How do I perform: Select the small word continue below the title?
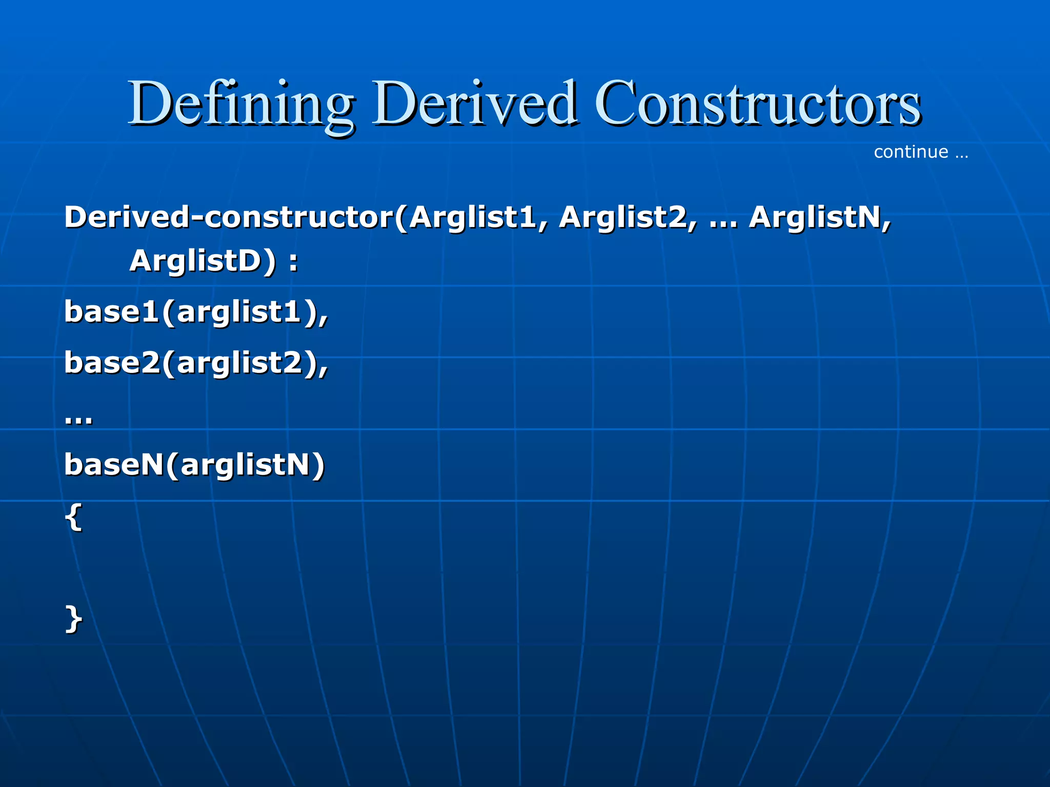point(911,152)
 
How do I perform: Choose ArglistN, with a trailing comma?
point(820,217)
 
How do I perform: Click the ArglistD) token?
point(203,261)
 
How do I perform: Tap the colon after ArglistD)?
point(293,262)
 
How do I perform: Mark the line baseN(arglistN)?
point(194,465)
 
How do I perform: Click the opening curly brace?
point(73,517)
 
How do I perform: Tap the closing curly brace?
point(73,619)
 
